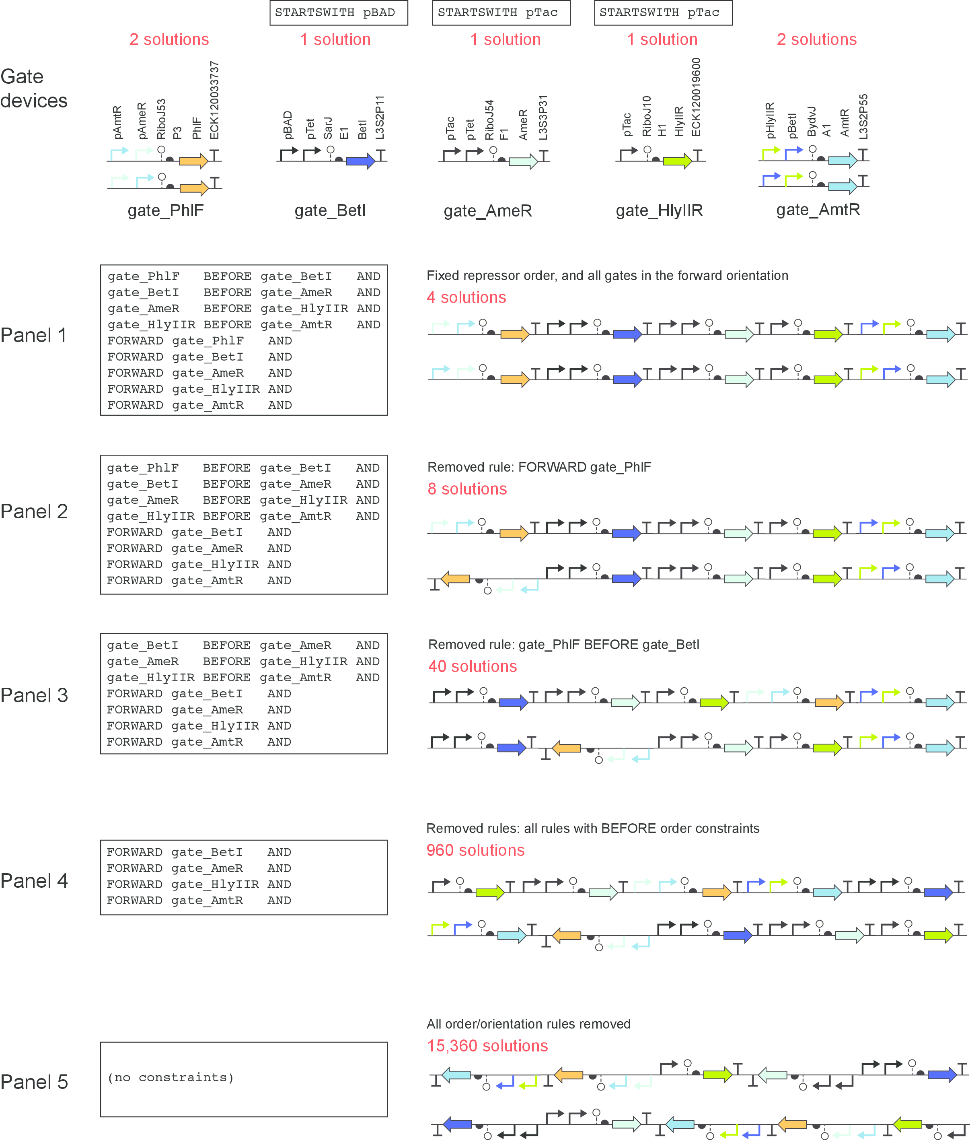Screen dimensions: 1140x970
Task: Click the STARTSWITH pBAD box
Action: click(x=338, y=12)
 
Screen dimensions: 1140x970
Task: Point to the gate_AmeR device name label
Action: click(x=488, y=211)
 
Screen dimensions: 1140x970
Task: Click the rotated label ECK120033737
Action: click(x=214, y=101)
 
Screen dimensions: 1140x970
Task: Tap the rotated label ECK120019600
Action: click(x=696, y=97)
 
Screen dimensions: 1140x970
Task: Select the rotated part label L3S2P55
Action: click(x=863, y=117)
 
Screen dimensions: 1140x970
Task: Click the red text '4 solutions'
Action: click(x=467, y=298)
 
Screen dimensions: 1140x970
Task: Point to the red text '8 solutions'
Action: click(x=467, y=489)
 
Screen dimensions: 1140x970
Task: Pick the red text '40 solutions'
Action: click(x=473, y=666)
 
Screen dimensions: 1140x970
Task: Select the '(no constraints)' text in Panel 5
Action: click(x=171, y=1077)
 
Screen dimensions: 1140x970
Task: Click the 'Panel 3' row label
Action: click(x=34, y=695)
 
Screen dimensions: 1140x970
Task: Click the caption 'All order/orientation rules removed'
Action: click(x=528, y=1024)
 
